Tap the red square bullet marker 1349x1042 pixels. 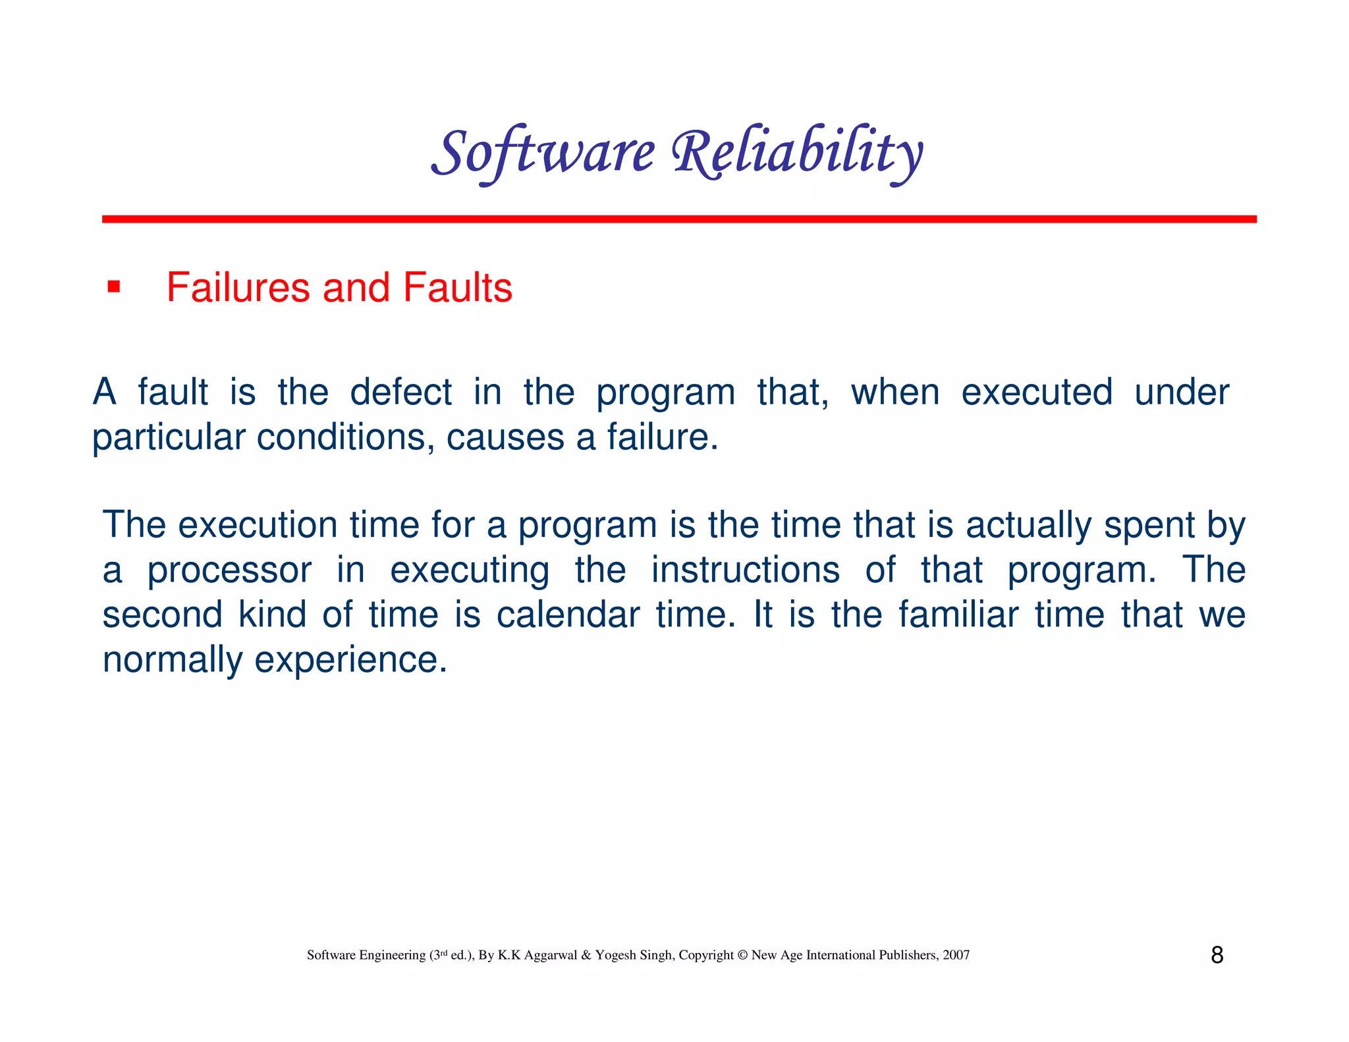coord(114,287)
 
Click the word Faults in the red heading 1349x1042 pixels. coord(457,288)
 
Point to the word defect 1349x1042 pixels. coord(400,392)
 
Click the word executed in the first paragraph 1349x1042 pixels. coord(1037,392)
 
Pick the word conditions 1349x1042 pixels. coord(345,437)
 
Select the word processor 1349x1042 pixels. coord(229,570)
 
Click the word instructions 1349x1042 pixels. coord(745,570)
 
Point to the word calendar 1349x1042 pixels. coord(568,615)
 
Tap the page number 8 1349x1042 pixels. coord(1217,955)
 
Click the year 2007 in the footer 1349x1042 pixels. coord(956,955)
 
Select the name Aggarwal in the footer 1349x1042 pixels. coord(550,955)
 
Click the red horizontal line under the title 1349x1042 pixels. coord(678,219)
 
